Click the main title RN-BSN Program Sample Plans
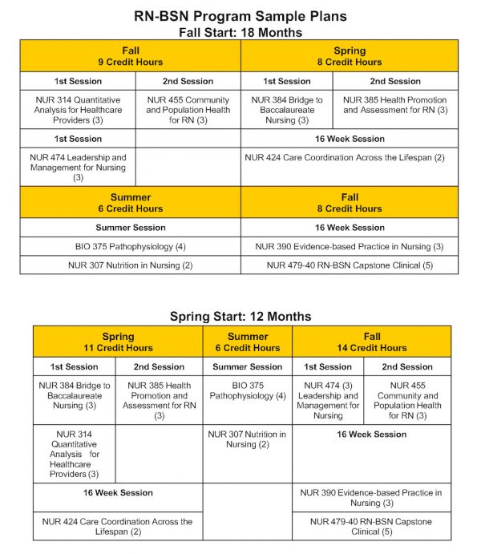[240, 15]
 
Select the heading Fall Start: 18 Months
[240, 32]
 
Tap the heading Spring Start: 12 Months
[240, 316]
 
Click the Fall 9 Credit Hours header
[131, 56]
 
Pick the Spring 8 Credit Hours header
[350, 56]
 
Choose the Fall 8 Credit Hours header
[350, 203]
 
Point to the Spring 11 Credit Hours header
[118, 342]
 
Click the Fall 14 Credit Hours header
[371, 342]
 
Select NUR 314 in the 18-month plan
[78, 110]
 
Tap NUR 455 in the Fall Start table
[188, 110]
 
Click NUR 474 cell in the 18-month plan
[78, 168]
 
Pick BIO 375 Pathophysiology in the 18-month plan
[131, 246]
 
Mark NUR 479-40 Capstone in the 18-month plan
[350, 265]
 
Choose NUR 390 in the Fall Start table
[350, 246]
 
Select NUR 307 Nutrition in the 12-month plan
[247, 439]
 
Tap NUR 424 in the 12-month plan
[118, 527]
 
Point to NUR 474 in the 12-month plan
[327, 400]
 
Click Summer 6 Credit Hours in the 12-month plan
[247, 342]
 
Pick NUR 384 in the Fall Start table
[286, 110]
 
